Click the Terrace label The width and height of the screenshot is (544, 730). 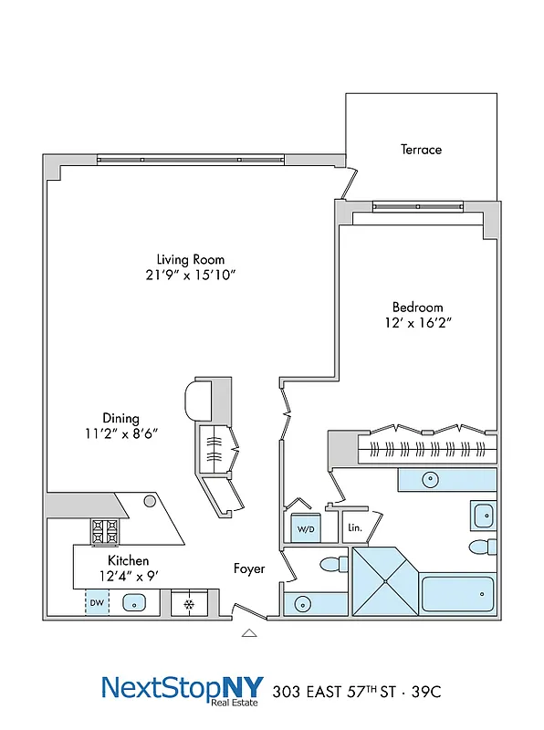(421, 149)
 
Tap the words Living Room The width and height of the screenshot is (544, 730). (190, 259)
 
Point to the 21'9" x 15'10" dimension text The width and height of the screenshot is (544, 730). (190, 275)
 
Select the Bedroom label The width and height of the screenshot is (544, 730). (418, 308)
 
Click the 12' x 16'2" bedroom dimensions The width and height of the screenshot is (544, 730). (418, 322)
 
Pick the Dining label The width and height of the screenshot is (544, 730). (120, 418)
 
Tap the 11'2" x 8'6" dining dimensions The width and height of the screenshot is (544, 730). (120, 433)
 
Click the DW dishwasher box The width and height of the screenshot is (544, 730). (97, 603)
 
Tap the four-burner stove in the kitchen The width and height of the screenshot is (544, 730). (104, 530)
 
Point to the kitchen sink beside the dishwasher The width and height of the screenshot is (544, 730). (134, 603)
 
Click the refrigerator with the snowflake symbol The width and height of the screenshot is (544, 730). (189, 604)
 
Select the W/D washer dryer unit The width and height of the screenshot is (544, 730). (304, 529)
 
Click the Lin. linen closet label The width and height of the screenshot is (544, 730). (354, 528)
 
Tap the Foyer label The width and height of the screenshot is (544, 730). (249, 568)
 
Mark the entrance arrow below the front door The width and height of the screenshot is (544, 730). (248, 631)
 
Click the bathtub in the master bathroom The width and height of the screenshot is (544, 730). (457, 597)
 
